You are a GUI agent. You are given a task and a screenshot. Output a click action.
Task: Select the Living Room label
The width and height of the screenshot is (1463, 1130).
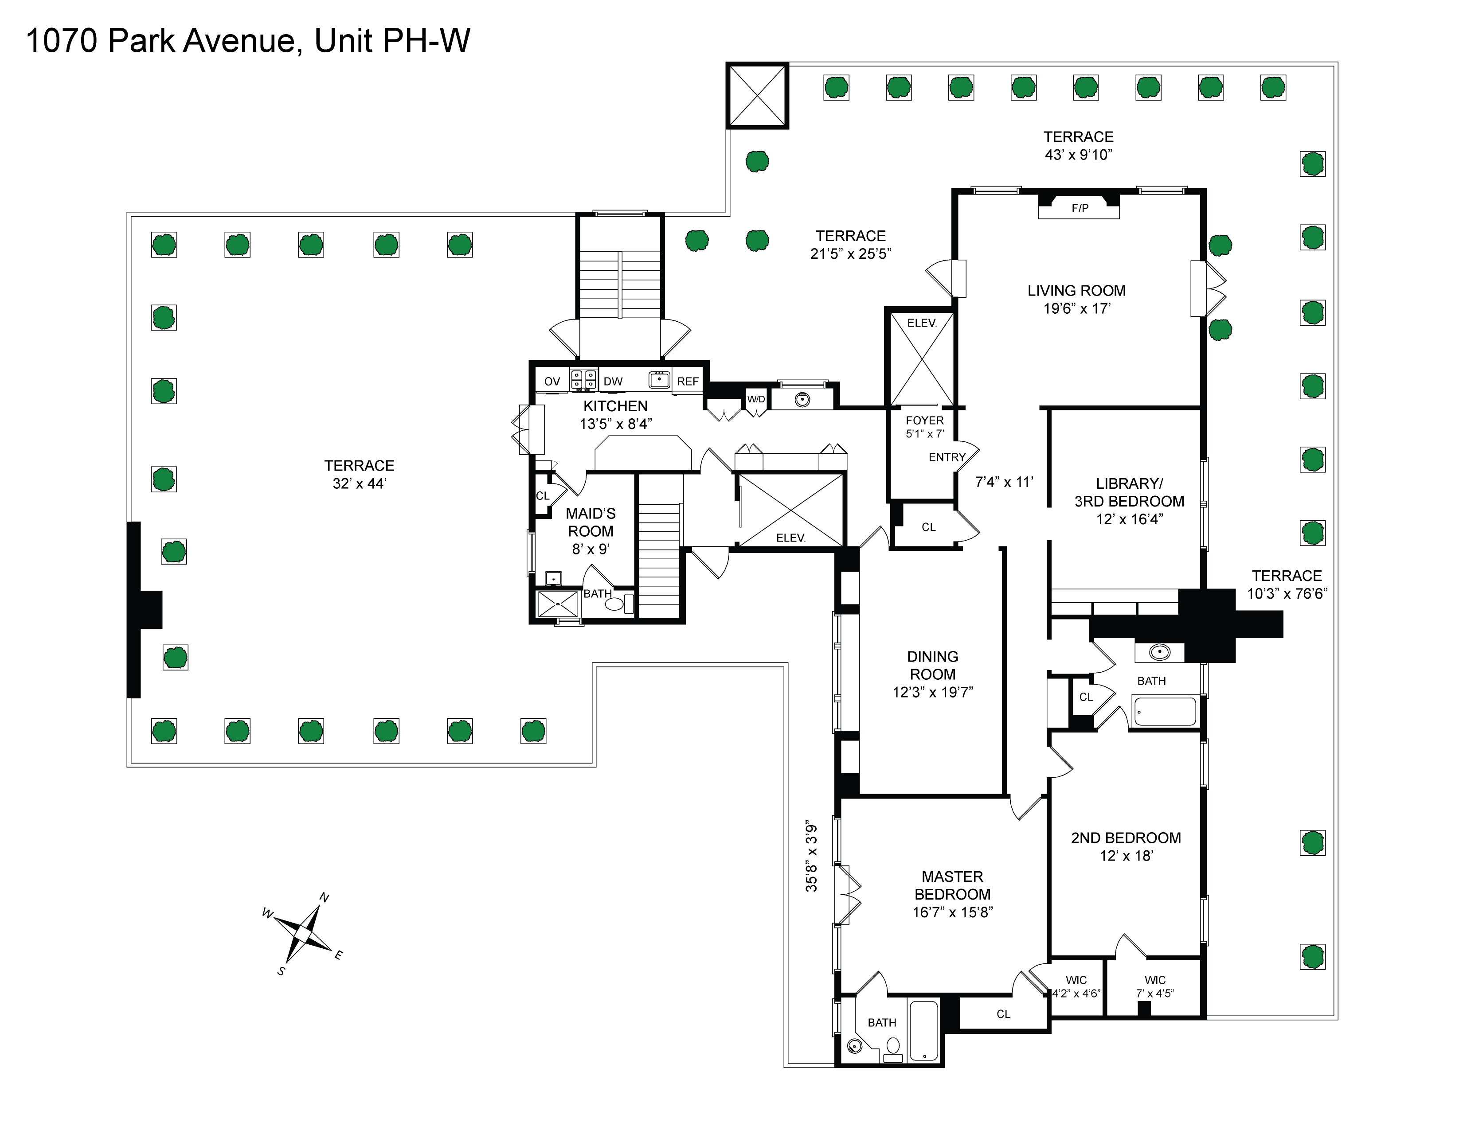pos(1076,291)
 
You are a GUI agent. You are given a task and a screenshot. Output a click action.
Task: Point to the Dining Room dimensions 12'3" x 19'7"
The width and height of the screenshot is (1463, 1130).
pos(932,692)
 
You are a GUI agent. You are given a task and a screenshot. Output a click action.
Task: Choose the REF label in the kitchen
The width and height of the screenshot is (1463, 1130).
pos(688,382)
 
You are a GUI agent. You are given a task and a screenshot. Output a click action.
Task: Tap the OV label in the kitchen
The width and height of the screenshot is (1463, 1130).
pos(552,382)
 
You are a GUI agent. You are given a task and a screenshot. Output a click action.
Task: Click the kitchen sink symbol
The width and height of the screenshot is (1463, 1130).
pos(660,380)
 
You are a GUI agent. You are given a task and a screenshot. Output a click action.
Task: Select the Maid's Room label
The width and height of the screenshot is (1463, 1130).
pos(591,522)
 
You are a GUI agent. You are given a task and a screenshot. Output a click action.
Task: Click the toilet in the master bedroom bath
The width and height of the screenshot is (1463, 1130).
pos(893,1048)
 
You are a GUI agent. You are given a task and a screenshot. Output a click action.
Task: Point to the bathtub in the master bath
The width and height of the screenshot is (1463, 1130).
pos(924,1031)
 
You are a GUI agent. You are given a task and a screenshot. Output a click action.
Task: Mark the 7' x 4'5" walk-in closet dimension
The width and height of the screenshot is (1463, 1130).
pos(1155,994)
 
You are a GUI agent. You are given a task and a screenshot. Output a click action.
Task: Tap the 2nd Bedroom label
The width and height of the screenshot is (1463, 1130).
pos(1126,838)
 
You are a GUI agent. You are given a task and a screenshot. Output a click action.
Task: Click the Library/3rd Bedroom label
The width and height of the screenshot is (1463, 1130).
pos(1130,492)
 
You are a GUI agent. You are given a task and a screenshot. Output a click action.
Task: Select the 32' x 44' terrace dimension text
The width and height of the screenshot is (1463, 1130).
pos(360,483)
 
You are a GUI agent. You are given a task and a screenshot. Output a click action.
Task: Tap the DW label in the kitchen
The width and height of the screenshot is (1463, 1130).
pos(613,382)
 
